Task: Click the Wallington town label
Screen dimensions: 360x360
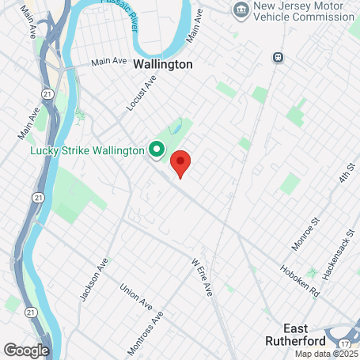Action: coord(163,64)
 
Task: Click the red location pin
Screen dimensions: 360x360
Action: coord(181,164)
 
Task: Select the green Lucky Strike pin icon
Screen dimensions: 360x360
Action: coord(157,149)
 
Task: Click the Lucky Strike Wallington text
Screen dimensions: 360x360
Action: coord(87,150)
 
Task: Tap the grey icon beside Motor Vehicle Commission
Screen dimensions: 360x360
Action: coord(241,9)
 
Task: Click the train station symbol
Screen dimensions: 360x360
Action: coord(278,57)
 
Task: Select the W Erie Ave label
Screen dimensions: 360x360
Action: coord(203,276)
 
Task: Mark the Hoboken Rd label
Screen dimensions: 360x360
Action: coord(298,278)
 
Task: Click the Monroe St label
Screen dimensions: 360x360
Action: coord(303,234)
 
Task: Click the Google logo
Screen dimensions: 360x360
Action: coord(26,349)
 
